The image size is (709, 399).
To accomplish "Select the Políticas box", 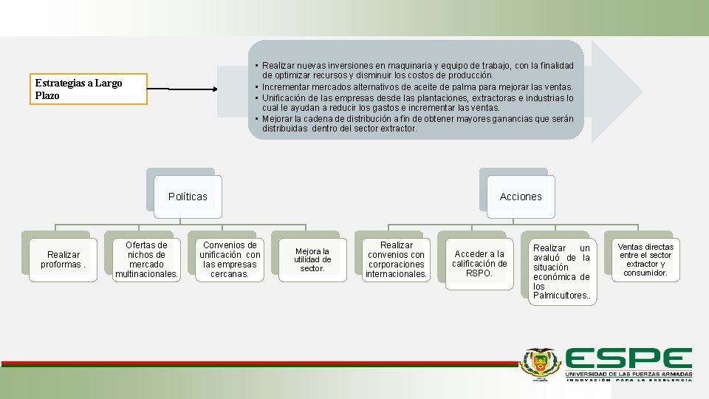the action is [188, 197].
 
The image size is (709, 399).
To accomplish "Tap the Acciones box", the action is [520, 197].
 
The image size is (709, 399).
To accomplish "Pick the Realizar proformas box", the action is [63, 259].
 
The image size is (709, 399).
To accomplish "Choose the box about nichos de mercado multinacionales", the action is [146, 259].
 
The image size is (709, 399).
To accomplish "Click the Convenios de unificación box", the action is [230, 259].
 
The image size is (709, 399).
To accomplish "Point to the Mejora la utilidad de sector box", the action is [312, 259].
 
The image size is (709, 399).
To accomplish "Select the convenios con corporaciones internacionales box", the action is [396, 259].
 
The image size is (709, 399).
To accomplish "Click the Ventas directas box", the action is [645, 259].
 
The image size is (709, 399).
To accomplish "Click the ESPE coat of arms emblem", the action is [541, 363].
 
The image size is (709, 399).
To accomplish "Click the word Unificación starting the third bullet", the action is [287, 98].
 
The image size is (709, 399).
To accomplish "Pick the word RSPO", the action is [479, 273].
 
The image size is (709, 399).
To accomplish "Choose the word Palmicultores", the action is [561, 296].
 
